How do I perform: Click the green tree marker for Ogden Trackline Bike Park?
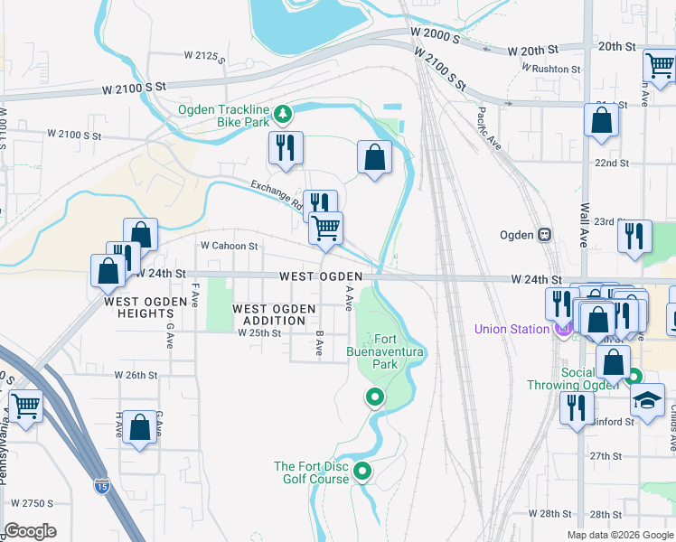click(x=284, y=114)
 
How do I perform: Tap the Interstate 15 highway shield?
click(x=102, y=486)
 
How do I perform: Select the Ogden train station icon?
click(x=544, y=235)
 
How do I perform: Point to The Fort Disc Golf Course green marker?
click(x=362, y=471)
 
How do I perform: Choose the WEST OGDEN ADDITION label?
click(x=274, y=314)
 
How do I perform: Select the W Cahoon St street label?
click(x=230, y=245)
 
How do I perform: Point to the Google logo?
click(x=30, y=531)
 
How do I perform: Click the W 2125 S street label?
click(x=202, y=55)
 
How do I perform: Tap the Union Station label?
click(x=512, y=329)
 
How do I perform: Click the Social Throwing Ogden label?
click(x=570, y=378)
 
